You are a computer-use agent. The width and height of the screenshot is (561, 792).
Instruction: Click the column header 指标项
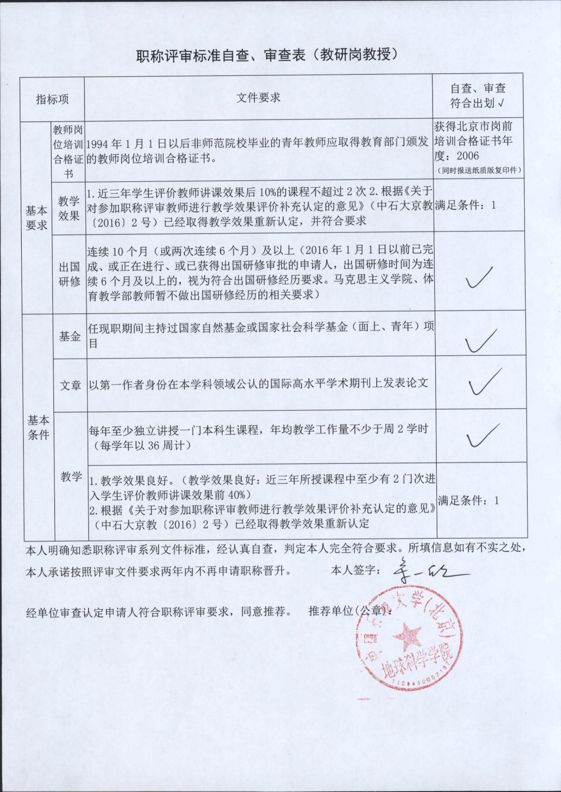tap(52, 99)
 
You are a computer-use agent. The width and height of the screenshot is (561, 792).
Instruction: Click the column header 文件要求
tap(258, 97)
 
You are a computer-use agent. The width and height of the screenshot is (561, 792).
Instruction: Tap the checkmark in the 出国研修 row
tap(479, 278)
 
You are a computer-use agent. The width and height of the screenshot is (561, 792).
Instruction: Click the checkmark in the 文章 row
tap(484, 382)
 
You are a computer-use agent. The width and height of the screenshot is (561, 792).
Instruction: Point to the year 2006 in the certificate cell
tap(467, 156)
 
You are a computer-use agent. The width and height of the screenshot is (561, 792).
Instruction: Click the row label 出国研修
tap(69, 274)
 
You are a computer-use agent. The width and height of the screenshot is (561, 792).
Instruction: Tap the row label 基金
tap(70, 336)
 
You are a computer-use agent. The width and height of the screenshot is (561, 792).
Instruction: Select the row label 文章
tap(71, 385)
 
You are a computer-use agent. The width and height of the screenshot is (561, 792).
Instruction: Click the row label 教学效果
tap(69, 208)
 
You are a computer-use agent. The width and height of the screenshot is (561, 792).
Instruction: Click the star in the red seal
tap(406, 636)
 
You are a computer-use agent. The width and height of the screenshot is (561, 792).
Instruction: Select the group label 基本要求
tap(36, 218)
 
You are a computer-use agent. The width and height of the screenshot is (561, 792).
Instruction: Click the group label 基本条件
tap(38, 427)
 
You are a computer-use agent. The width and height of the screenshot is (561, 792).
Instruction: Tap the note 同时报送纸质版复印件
tap(479, 171)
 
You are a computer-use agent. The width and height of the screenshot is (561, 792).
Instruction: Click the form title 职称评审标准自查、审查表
tap(267, 55)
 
